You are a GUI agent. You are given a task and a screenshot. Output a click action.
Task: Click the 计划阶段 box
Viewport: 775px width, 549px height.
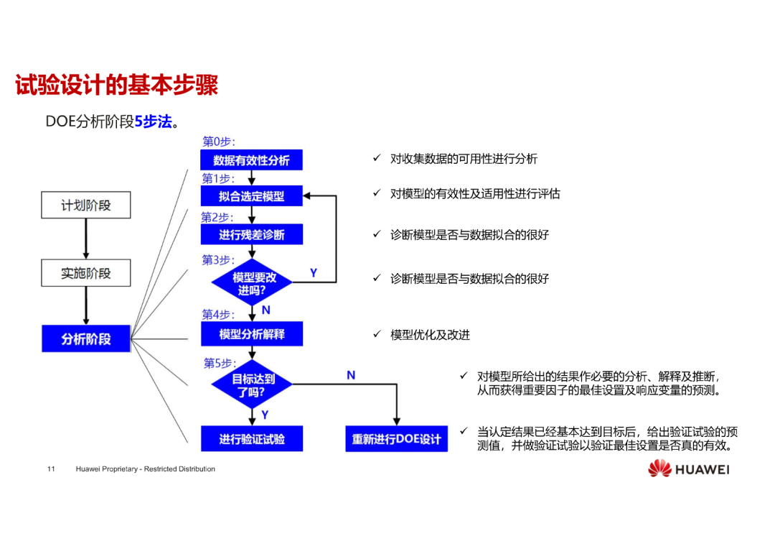(86, 205)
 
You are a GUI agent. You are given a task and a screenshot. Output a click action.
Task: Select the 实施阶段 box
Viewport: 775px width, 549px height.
(86, 273)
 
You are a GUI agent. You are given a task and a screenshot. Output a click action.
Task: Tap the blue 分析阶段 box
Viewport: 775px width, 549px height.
(86, 338)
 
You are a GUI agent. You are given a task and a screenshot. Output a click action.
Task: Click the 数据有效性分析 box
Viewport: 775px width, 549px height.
(252, 160)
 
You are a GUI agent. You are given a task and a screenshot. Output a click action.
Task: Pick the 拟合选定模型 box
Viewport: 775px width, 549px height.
(252, 196)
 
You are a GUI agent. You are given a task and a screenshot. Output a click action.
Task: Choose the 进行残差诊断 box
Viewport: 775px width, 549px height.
(252, 235)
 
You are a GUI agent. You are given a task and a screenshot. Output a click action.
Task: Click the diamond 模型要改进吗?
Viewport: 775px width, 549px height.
(252, 282)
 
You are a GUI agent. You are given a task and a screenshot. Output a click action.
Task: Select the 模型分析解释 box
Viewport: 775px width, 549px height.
(252, 334)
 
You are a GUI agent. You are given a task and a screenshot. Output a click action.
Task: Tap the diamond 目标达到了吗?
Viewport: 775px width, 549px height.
(252, 384)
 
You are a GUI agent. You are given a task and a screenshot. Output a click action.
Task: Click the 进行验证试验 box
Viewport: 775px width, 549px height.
(252, 438)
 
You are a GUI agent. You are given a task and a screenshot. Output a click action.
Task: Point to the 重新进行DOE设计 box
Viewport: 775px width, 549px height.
(396, 438)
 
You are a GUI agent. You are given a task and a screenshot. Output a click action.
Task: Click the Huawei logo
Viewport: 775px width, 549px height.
(689, 469)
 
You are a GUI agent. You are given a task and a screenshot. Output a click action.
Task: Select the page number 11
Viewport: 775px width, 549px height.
(51, 469)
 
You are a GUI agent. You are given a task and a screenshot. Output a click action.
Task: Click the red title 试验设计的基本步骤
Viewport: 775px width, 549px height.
(117, 85)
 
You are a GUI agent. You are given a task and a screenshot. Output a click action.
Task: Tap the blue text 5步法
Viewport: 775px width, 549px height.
(154, 121)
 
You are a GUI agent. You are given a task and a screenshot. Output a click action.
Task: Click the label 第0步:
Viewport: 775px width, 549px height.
(218, 142)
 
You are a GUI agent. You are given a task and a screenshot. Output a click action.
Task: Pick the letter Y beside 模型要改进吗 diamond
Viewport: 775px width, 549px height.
(314, 273)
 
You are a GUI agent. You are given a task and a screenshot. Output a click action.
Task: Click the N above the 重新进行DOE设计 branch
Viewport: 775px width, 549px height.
(351, 375)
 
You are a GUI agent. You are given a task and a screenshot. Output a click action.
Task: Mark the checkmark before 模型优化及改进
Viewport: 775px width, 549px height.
(377, 334)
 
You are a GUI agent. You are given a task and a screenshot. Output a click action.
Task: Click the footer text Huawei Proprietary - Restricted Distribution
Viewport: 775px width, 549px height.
(145, 469)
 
